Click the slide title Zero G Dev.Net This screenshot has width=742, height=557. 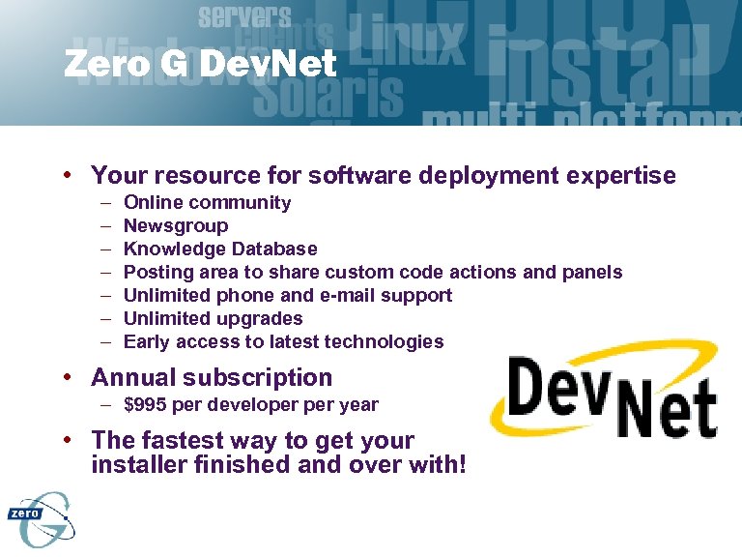200,65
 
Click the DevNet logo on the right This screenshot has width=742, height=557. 605,396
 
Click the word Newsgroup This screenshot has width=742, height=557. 176,225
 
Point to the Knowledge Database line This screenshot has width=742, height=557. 220,249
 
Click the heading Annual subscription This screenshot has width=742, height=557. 212,377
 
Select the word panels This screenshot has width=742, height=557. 593,272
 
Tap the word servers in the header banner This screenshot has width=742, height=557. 244,16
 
